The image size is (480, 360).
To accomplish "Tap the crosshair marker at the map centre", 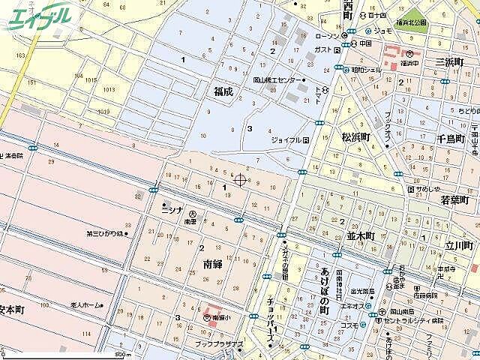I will (x=240, y=179).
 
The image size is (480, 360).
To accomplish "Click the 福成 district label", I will (x=223, y=91).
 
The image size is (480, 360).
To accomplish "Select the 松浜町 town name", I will (x=356, y=137).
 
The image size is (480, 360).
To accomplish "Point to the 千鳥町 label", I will (x=452, y=139).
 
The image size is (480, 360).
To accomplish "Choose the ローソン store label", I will (x=327, y=36).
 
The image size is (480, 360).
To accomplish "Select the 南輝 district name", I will (x=212, y=264).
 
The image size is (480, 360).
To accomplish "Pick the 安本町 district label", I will (x=13, y=309).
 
